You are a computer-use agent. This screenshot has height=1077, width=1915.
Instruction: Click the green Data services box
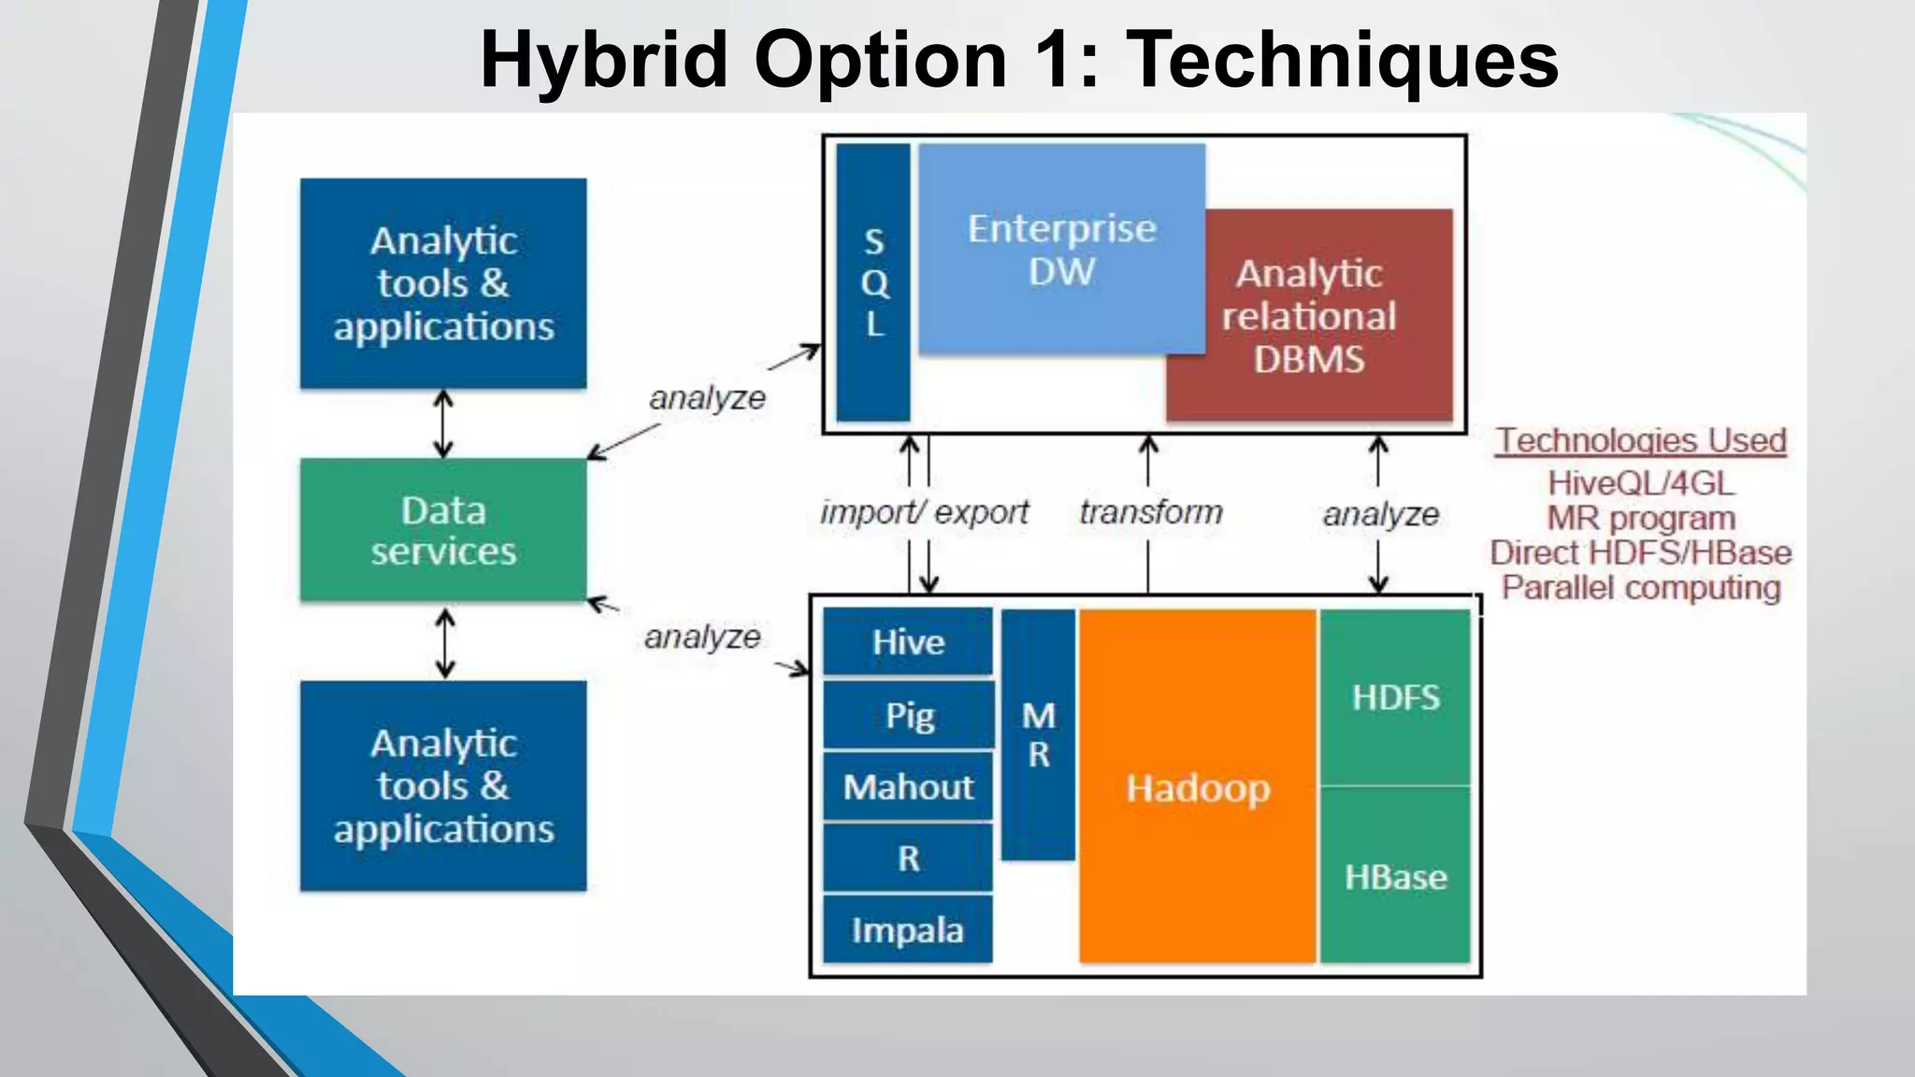443,530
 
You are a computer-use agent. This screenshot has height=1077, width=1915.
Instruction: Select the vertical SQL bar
873,282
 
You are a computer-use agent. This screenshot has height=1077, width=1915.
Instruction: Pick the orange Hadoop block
1198,787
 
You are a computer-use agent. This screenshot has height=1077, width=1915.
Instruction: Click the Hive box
908,642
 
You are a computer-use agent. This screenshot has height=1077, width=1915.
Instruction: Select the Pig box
908,715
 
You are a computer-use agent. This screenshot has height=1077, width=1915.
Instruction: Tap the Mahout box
908,787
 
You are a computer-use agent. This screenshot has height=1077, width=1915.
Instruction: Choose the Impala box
908,930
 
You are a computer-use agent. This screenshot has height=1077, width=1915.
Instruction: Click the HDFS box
1395,697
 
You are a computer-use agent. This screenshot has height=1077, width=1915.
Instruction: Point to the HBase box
1395,877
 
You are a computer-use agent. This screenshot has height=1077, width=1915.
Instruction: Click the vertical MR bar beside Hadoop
1038,735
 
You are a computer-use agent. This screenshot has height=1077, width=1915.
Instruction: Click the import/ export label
924,512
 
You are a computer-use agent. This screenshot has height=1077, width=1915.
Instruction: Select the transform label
1151,512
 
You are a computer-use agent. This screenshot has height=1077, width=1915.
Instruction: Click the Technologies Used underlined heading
1641,440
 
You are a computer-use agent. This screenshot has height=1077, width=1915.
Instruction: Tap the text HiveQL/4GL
1641,483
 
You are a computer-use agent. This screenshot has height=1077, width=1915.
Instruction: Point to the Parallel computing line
1641,588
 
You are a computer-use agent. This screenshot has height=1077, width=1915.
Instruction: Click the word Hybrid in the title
603,60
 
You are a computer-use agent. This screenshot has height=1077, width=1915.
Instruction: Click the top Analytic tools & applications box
443,283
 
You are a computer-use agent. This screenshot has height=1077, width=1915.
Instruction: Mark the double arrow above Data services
443,424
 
